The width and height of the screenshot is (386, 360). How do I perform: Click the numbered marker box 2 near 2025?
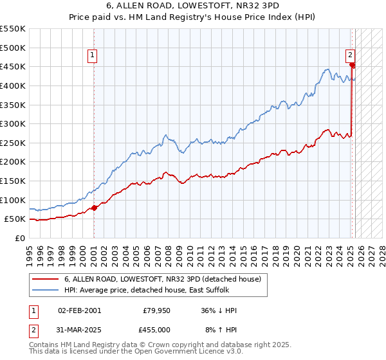pyautogui.click(x=351, y=55)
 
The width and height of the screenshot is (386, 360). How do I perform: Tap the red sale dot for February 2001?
pyautogui.click(x=94, y=207)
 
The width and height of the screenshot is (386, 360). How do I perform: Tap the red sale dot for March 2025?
pyautogui.click(x=352, y=65)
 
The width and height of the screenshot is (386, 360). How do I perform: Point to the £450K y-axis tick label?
pyautogui.click(x=13, y=66)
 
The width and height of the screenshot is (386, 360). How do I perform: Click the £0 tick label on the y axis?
pyautogui.click(x=20, y=238)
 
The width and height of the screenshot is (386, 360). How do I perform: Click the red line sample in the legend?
pyautogui.click(x=46, y=280)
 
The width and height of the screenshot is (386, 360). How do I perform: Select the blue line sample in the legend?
pyautogui.click(x=46, y=291)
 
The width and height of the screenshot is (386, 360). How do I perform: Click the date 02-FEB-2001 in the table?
pyautogui.click(x=79, y=310)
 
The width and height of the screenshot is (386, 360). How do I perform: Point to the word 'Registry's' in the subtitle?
pyautogui.click(x=225, y=19)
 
